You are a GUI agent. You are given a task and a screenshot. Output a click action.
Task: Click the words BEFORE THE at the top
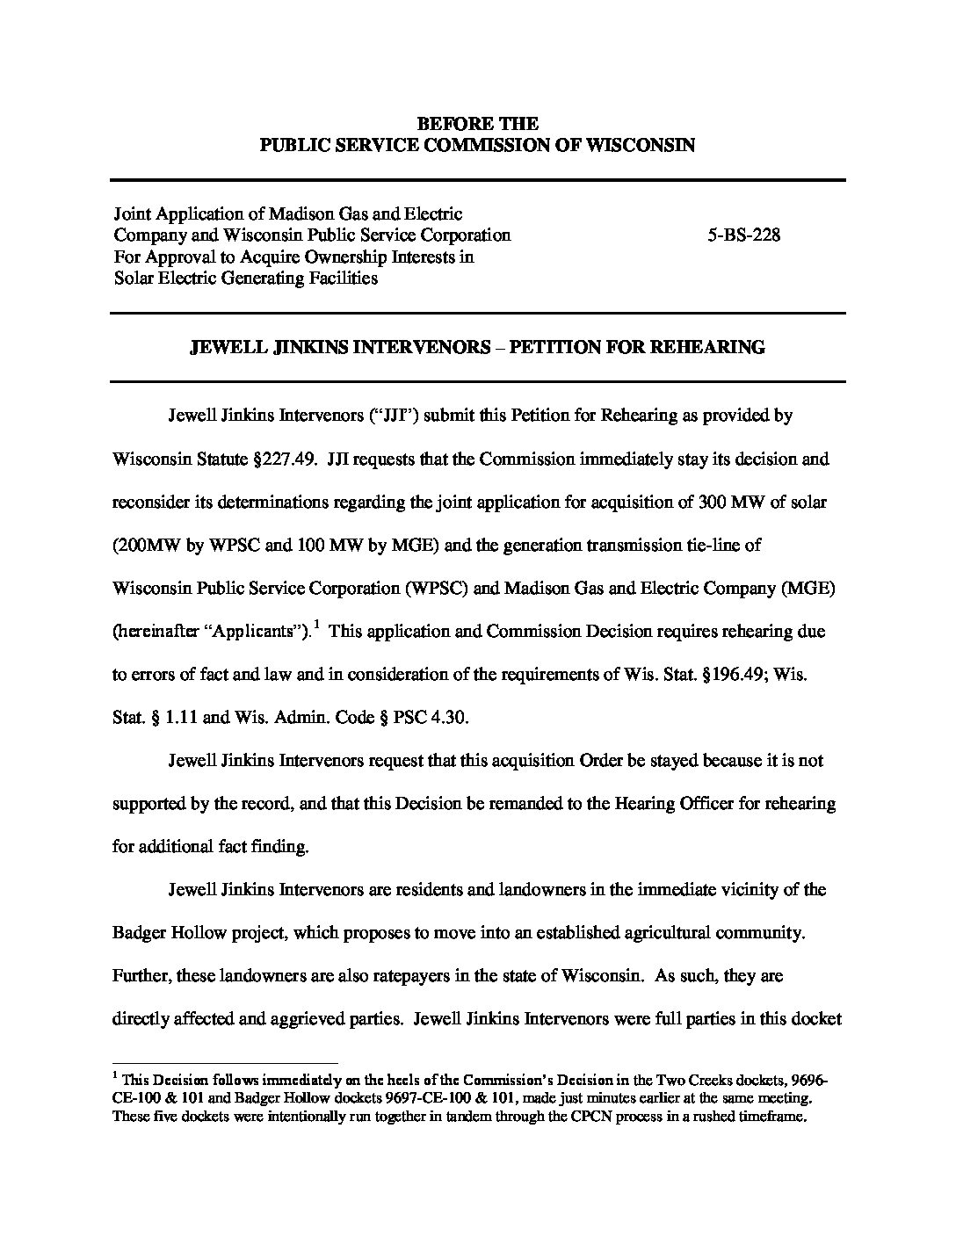coord(477,124)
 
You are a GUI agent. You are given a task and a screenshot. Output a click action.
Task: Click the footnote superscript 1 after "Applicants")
coord(315,625)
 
